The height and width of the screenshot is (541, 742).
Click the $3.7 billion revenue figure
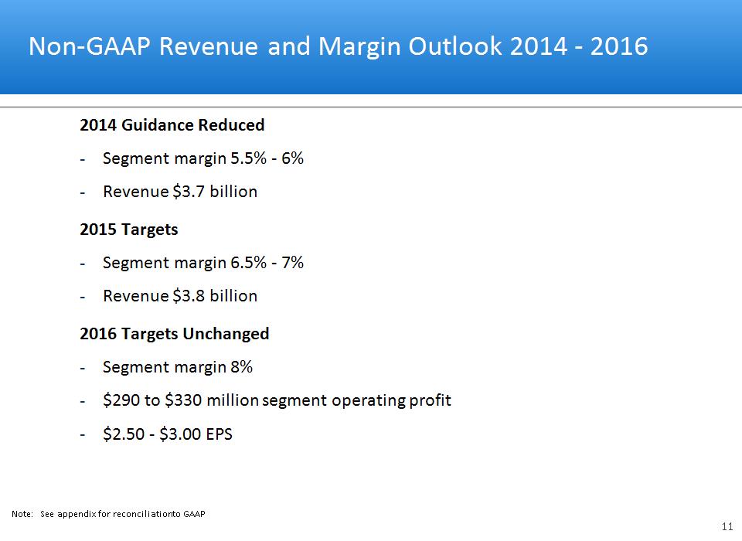pyautogui.click(x=219, y=192)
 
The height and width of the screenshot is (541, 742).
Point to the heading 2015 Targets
pyautogui.click(x=128, y=230)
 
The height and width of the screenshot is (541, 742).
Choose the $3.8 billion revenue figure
pyautogui.click(x=219, y=296)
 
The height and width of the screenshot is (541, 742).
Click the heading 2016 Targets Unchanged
pyautogui.click(x=174, y=334)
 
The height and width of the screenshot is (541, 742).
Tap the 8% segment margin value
pyautogui.click(x=242, y=367)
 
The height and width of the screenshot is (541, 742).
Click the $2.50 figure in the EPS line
pyautogui.click(x=122, y=434)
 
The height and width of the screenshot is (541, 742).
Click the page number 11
pyautogui.click(x=727, y=526)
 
